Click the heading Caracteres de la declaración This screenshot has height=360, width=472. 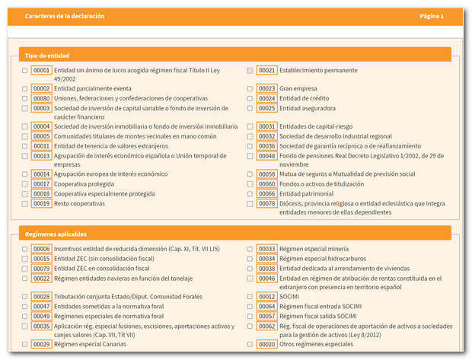click(x=65, y=16)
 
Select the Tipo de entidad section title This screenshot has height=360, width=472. click(x=48, y=56)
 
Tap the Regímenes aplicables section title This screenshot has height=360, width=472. click(x=56, y=234)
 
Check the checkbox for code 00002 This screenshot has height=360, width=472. click(x=25, y=89)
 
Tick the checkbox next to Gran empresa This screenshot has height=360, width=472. click(x=250, y=89)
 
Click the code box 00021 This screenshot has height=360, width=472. click(x=266, y=70)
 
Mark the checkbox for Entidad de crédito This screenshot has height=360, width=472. click(x=250, y=99)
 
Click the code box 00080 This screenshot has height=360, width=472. click(x=41, y=99)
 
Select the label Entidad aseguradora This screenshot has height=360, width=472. click(x=308, y=108)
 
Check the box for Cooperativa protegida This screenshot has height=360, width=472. click(x=25, y=184)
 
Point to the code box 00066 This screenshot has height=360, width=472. click(x=266, y=194)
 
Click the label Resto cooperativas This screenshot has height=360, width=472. click(x=79, y=204)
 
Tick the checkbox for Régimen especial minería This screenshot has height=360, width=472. click(x=250, y=249)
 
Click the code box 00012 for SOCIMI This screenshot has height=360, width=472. click(x=266, y=297)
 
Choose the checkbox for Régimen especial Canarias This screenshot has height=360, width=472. click(x=25, y=345)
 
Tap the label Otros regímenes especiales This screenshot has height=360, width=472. click(x=316, y=345)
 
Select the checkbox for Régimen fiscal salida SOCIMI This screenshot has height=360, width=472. click(x=250, y=316)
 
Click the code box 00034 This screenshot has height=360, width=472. click(x=266, y=259)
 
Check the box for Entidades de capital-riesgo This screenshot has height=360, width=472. click(x=250, y=127)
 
